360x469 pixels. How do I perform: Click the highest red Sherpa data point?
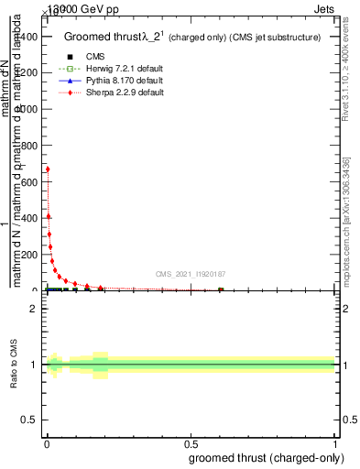[x=48, y=169]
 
